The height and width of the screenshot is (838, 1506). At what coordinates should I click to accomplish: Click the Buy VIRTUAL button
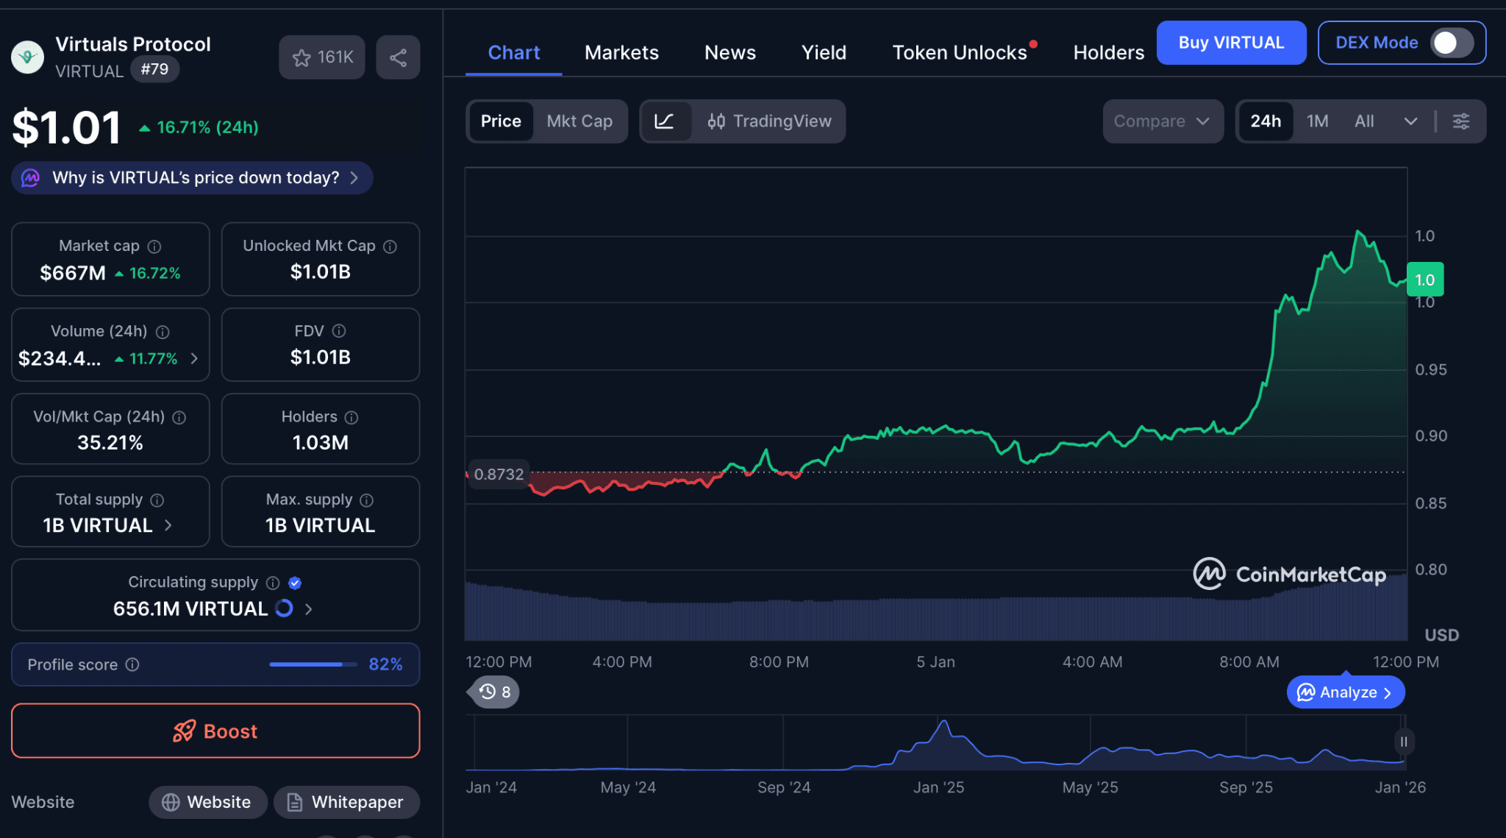[x=1231, y=43]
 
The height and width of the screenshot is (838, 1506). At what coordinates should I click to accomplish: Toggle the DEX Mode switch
[x=1451, y=43]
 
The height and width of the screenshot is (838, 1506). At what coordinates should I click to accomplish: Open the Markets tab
[x=621, y=53]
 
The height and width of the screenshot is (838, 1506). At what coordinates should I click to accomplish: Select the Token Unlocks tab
[x=959, y=53]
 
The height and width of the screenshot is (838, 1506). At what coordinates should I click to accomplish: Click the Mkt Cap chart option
[x=579, y=121]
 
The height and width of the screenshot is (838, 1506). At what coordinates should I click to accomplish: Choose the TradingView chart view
[x=769, y=121]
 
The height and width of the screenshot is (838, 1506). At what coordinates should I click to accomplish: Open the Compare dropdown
[x=1162, y=121]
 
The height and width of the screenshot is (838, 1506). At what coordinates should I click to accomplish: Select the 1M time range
[x=1317, y=121]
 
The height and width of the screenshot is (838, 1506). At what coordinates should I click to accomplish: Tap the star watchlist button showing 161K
[x=322, y=57]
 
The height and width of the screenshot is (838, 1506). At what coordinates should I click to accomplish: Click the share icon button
[x=398, y=57]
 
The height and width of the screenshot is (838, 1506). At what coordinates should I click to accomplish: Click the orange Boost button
[x=215, y=731]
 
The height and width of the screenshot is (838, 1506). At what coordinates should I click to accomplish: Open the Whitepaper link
[x=346, y=802]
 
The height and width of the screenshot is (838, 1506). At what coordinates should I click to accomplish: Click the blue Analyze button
[x=1345, y=692]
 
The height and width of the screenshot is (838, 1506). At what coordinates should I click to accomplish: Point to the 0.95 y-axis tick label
[x=1430, y=369]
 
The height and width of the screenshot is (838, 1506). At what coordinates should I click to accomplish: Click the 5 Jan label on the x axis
[x=935, y=662]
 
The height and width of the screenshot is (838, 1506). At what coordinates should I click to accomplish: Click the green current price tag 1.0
[x=1424, y=280]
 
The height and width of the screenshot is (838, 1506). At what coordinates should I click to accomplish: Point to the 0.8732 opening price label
[x=499, y=475]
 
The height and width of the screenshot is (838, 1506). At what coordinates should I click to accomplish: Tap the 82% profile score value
[x=385, y=664]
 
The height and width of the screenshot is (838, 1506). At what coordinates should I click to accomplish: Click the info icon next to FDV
[x=339, y=331]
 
